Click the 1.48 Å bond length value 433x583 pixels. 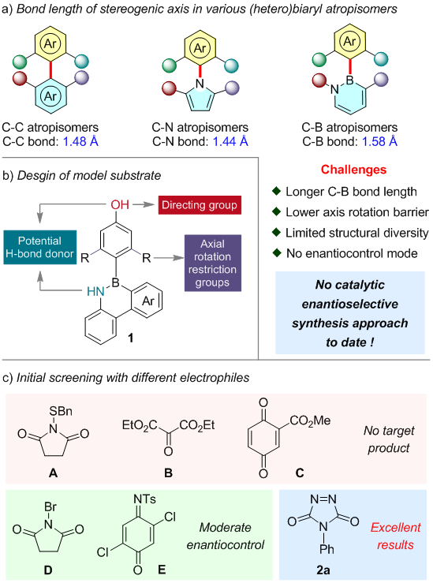(80, 141)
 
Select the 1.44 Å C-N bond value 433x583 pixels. (230, 141)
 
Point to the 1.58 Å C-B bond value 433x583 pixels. (379, 141)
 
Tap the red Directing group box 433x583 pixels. (200, 205)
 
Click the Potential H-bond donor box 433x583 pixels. (40, 247)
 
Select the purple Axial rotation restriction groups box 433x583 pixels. (213, 263)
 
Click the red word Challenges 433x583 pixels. (353, 170)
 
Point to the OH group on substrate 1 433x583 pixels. (120, 204)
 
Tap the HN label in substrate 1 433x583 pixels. (95, 292)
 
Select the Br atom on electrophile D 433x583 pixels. (50, 506)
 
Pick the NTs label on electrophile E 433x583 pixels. (144, 499)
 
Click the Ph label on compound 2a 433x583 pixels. (327, 549)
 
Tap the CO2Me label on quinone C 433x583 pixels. (310, 420)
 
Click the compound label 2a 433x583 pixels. (323, 570)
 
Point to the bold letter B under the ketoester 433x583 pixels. (168, 473)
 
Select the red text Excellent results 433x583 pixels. (395, 536)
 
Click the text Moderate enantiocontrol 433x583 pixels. (226, 536)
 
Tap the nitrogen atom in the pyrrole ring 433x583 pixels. (200, 84)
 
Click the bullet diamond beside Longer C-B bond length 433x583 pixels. (277, 191)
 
